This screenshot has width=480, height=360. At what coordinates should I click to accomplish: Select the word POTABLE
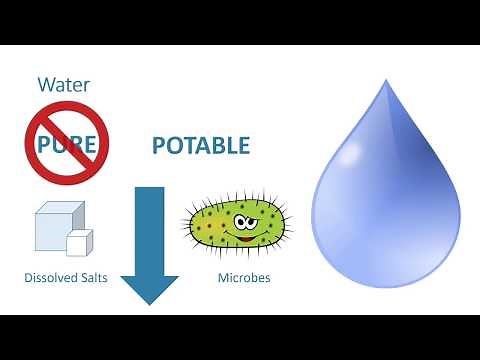click(x=200, y=146)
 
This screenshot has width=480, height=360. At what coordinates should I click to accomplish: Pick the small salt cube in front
click(x=78, y=243)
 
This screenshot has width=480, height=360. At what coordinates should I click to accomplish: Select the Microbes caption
click(x=243, y=277)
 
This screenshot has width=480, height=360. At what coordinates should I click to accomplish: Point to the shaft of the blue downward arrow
click(x=149, y=225)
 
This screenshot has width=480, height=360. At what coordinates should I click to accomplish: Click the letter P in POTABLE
click(x=158, y=146)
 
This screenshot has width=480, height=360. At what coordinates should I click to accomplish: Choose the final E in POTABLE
click(x=243, y=146)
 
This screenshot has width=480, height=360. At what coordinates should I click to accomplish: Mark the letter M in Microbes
click(x=223, y=277)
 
